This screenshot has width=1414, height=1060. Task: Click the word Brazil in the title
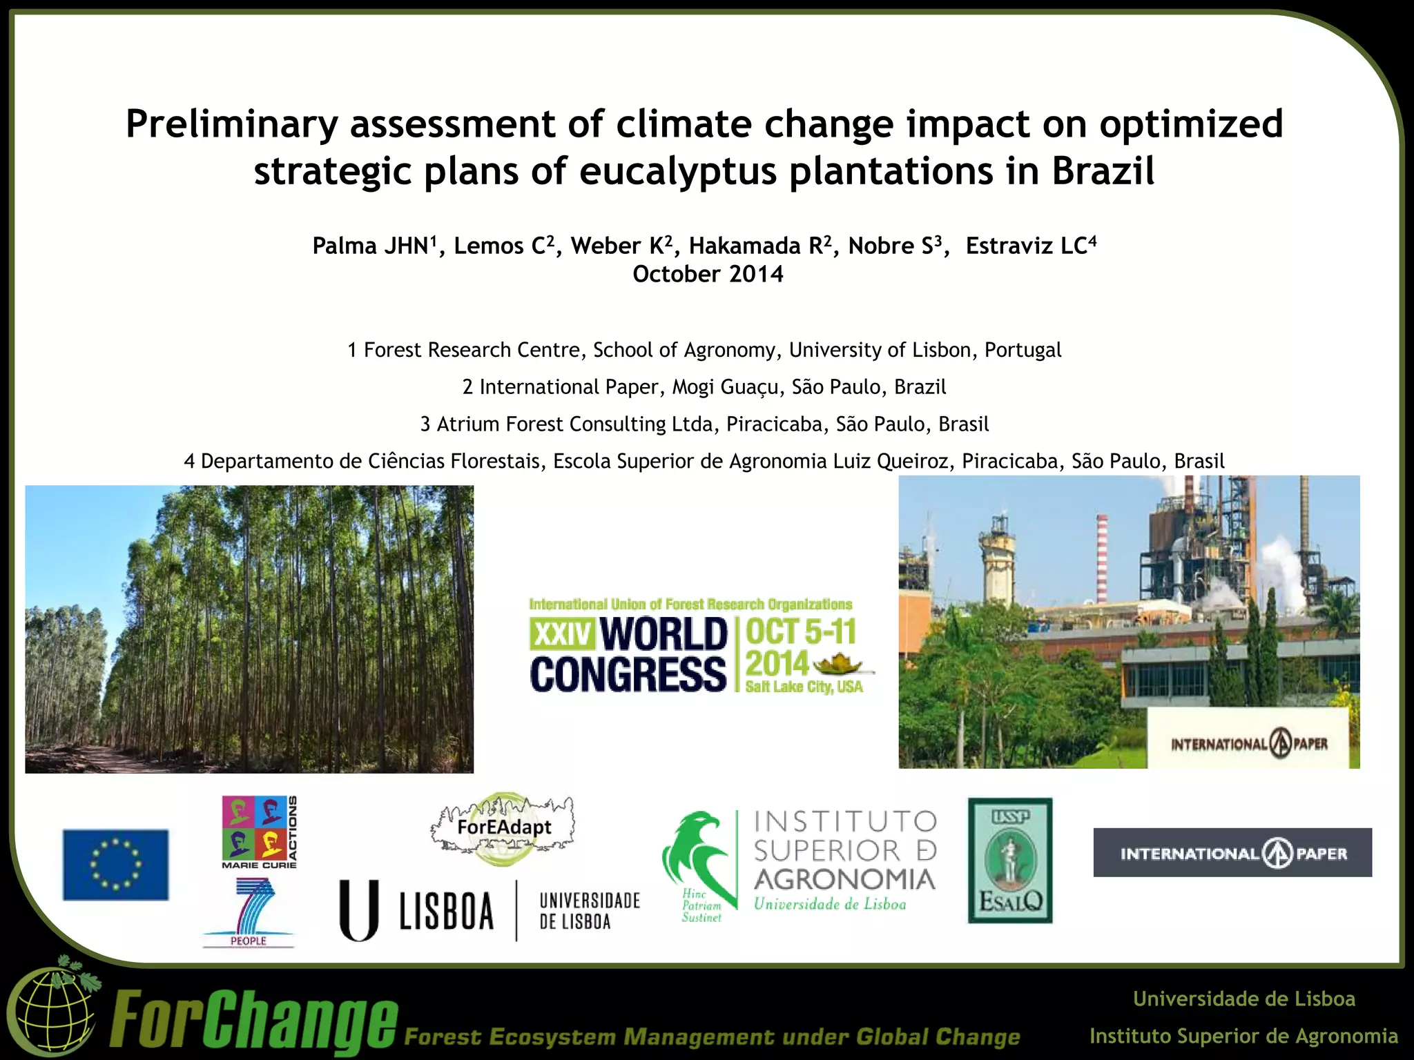[x=1103, y=170]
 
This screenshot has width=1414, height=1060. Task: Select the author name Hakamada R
[x=759, y=246]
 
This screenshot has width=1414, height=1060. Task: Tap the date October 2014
[x=708, y=275]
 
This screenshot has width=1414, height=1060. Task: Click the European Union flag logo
[x=115, y=864]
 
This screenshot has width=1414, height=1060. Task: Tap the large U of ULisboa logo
[x=359, y=910]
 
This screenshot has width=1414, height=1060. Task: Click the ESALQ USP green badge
[x=1009, y=861]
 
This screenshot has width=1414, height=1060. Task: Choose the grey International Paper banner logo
[x=1232, y=853]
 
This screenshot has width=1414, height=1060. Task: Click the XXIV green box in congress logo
[x=561, y=633]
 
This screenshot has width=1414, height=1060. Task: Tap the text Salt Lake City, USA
[x=804, y=687]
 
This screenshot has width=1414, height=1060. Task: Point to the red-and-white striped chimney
[x=1102, y=559]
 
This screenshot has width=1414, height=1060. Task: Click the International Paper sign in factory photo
[x=1249, y=744]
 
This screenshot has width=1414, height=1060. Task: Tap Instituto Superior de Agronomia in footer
[x=1243, y=1036]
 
